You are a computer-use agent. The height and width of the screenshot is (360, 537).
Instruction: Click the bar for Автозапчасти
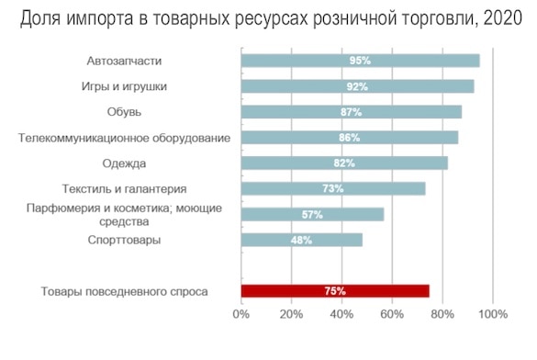360,61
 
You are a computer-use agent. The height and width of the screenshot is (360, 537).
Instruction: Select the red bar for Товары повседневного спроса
335,291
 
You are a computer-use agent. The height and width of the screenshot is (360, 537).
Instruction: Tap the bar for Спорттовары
301,240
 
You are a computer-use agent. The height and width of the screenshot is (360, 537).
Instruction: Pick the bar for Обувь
351,112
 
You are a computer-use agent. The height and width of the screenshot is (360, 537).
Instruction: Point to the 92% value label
357,86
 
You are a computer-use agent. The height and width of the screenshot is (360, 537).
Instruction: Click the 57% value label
312,214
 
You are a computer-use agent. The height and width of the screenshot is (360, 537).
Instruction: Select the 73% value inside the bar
332,188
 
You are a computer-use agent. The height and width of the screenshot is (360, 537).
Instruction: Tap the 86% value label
349,138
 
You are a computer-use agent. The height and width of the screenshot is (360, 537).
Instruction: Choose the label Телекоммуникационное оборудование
124,138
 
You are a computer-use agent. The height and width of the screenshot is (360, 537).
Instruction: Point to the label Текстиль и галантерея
124,188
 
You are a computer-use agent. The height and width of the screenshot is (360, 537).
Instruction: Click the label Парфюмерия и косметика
124,208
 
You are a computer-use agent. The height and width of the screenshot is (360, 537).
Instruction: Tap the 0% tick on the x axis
241,315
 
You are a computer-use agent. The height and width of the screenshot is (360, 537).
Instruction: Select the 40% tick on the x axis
341,315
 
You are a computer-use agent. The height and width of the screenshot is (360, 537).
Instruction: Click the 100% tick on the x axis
493,315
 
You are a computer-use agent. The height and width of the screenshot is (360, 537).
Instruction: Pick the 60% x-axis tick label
392,315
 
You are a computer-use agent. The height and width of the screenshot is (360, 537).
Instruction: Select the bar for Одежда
344,163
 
